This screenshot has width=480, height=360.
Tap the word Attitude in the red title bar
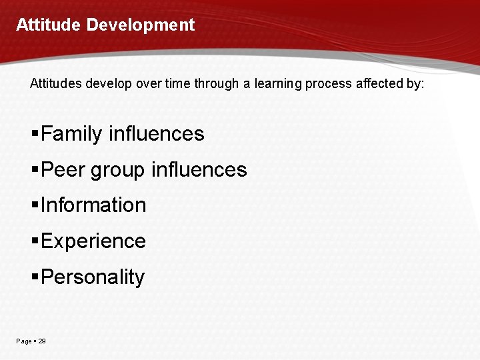click(x=49, y=25)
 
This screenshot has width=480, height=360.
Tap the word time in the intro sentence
click(x=177, y=85)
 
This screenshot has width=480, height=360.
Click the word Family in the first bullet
click(x=71, y=134)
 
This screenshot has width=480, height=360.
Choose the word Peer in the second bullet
click(x=63, y=170)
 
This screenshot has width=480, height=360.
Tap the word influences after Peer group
click(x=199, y=170)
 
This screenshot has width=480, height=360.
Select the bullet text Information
click(x=93, y=205)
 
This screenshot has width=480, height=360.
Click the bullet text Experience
click(x=93, y=241)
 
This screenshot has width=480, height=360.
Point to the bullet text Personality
click(x=92, y=277)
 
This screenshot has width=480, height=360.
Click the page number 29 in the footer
click(x=42, y=341)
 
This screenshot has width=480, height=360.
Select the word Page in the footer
click(x=23, y=341)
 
